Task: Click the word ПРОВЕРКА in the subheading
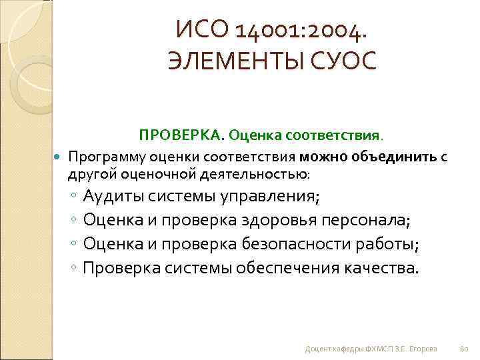(181, 135)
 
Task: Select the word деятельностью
(256, 174)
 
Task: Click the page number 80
(465, 349)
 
